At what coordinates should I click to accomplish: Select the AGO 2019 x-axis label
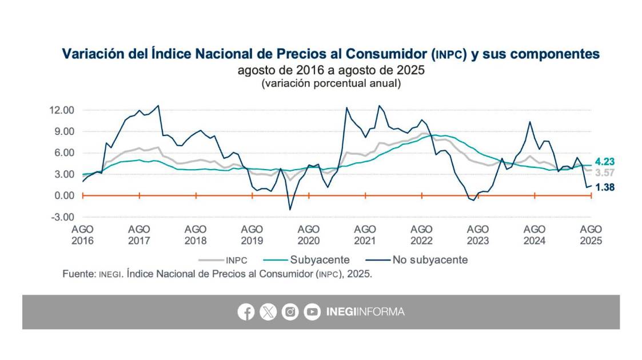point(252,234)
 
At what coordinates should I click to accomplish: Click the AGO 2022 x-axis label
point(421,234)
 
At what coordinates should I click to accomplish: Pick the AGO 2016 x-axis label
point(83,234)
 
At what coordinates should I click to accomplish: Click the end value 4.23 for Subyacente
point(604,162)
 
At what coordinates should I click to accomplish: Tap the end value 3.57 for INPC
point(604,173)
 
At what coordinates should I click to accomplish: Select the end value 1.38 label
point(604,187)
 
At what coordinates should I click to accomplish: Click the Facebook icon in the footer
point(246,312)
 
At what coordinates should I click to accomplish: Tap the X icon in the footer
point(268,312)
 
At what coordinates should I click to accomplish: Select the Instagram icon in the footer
point(290,312)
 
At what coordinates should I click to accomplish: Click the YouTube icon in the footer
point(312,312)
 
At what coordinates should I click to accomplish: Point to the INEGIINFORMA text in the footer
point(365,312)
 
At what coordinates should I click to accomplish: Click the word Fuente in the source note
point(78,274)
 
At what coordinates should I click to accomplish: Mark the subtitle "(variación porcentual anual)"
point(331,83)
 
